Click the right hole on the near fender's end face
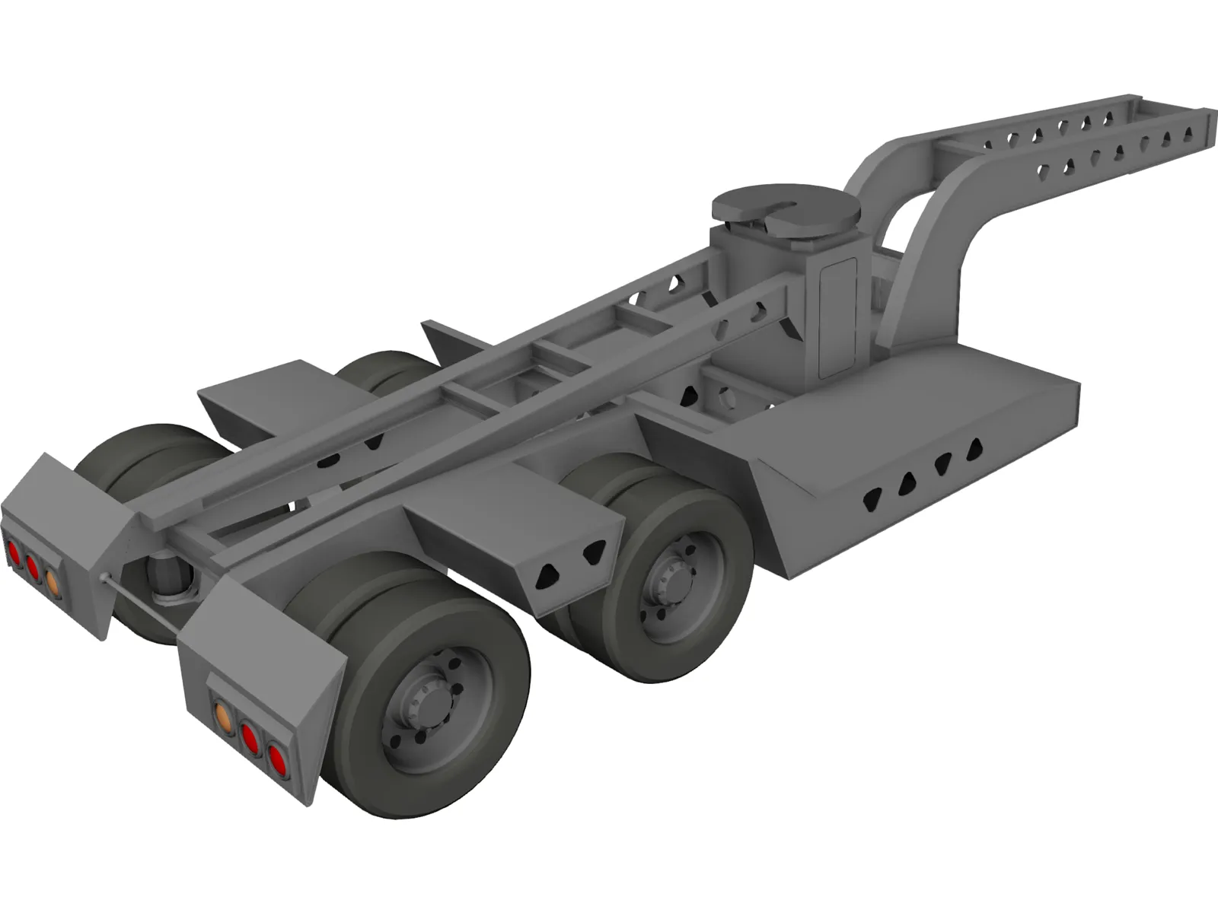[591, 556]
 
